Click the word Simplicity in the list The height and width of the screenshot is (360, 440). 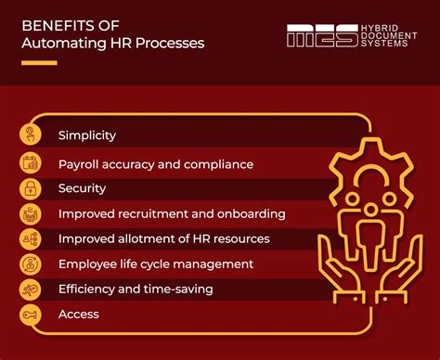click(x=86, y=135)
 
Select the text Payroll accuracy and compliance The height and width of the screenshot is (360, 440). click(x=155, y=164)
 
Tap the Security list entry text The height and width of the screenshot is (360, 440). click(x=82, y=188)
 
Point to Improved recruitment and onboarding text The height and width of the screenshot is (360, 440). click(x=171, y=213)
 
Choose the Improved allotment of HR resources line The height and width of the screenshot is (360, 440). click(x=163, y=238)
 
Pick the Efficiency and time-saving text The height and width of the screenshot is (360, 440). click(x=136, y=289)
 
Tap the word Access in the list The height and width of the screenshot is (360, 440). click(x=78, y=315)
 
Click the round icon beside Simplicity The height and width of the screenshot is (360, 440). click(x=31, y=136)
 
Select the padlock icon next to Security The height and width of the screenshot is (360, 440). click(x=31, y=188)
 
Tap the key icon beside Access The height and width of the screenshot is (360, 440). click(x=31, y=315)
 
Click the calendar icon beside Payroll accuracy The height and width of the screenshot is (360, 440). click(x=31, y=163)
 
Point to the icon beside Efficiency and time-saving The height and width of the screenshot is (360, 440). click(x=31, y=289)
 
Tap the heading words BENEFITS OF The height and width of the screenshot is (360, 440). click(x=63, y=26)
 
